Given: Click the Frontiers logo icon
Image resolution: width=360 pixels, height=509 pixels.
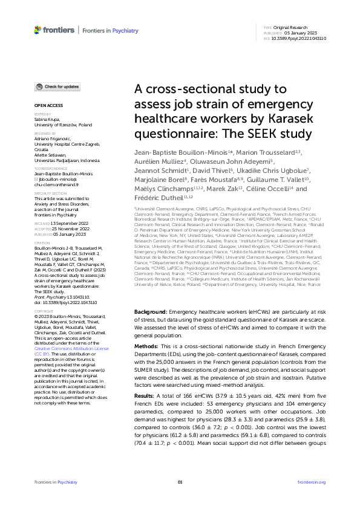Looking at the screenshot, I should point(38,29).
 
